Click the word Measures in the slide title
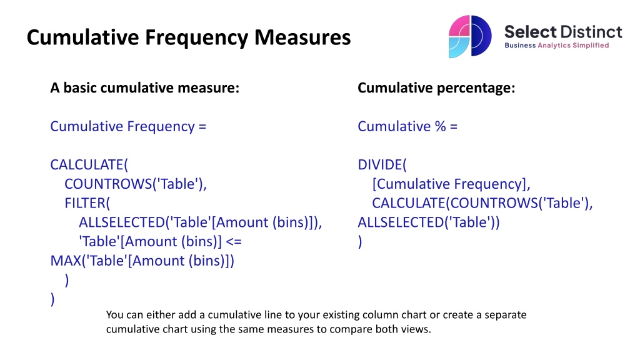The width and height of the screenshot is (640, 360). click(x=302, y=37)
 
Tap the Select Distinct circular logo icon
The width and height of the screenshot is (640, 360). click(x=470, y=36)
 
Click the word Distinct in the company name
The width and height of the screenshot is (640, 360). click(x=591, y=32)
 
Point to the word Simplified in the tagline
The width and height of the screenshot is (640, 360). click(x=591, y=45)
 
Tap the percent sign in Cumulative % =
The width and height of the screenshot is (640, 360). click(x=441, y=126)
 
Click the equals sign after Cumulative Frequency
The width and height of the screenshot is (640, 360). click(x=202, y=127)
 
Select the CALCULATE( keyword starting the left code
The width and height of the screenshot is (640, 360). click(x=89, y=165)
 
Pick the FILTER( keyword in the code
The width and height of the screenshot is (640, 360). click(x=87, y=203)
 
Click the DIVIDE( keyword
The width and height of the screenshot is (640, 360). click(x=382, y=165)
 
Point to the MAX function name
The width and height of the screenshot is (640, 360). click(x=66, y=261)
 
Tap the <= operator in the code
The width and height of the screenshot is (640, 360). click(x=234, y=242)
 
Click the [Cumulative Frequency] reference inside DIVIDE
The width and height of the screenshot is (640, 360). click(x=451, y=184)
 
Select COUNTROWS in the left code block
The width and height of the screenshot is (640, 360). click(x=108, y=184)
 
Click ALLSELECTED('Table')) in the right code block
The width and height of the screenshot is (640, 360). click(x=429, y=222)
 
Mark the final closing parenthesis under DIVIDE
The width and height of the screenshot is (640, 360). click(x=360, y=242)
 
